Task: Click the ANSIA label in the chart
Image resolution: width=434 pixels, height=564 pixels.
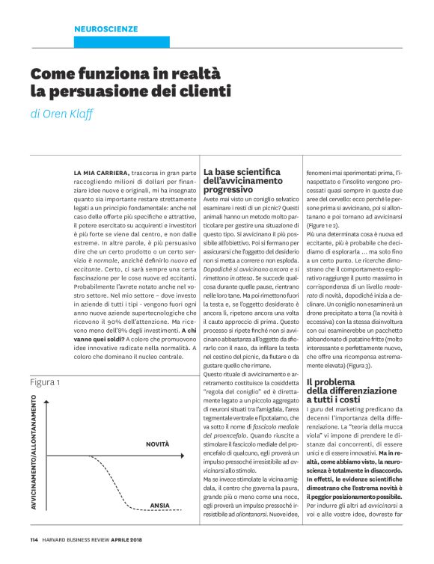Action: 159,506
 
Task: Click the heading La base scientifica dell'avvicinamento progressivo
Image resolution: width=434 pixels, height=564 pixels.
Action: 243,181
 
